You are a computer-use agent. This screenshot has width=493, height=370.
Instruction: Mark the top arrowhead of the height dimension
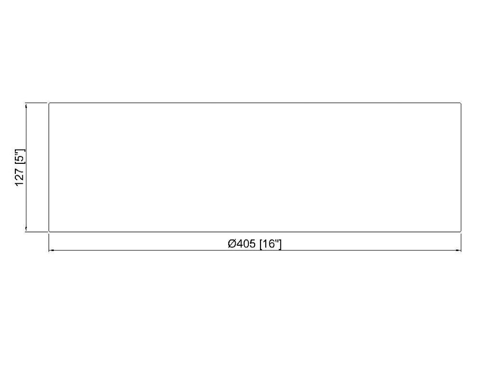click(x=26, y=105)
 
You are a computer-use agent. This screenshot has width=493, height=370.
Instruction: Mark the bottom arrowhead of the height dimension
click(x=26, y=229)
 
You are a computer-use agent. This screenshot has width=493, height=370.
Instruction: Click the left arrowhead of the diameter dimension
click(x=51, y=250)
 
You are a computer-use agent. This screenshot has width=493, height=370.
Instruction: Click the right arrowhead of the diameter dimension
click(x=459, y=250)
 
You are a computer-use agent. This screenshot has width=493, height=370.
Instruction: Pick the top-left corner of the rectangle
click(x=49, y=103)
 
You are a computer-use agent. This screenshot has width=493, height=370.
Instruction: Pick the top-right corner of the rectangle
click(x=461, y=103)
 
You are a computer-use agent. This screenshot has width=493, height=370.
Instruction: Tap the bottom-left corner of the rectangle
click(x=49, y=232)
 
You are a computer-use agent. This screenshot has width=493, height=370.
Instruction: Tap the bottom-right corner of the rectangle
click(x=461, y=232)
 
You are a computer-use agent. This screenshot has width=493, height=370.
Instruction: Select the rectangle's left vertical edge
click(x=49, y=167)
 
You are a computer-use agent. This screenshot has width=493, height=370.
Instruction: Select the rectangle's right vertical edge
click(x=461, y=167)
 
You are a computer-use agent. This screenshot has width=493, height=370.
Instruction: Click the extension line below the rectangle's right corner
click(x=461, y=243)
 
